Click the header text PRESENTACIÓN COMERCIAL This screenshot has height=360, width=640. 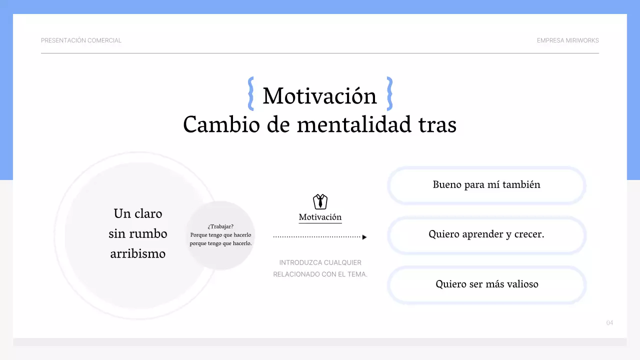point(81,40)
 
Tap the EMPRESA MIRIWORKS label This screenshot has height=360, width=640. point(567,40)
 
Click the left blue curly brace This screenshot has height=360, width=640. point(251,93)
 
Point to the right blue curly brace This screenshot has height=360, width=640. point(389,93)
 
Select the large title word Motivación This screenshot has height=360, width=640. point(319,96)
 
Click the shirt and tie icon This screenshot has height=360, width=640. point(320,201)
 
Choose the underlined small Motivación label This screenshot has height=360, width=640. point(320,217)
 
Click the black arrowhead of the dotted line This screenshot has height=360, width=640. point(364,237)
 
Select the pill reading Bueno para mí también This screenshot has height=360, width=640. point(486,185)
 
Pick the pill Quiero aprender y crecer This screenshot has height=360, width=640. point(486,234)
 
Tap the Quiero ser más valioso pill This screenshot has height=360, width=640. point(486,284)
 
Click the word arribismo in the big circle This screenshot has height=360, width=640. point(137,254)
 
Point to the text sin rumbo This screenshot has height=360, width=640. point(137,234)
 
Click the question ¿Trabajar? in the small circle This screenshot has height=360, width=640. point(220,226)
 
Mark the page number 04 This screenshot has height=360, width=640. point(609,323)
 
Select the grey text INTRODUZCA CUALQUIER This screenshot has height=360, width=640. point(320,262)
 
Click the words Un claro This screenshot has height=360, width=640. point(137,214)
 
